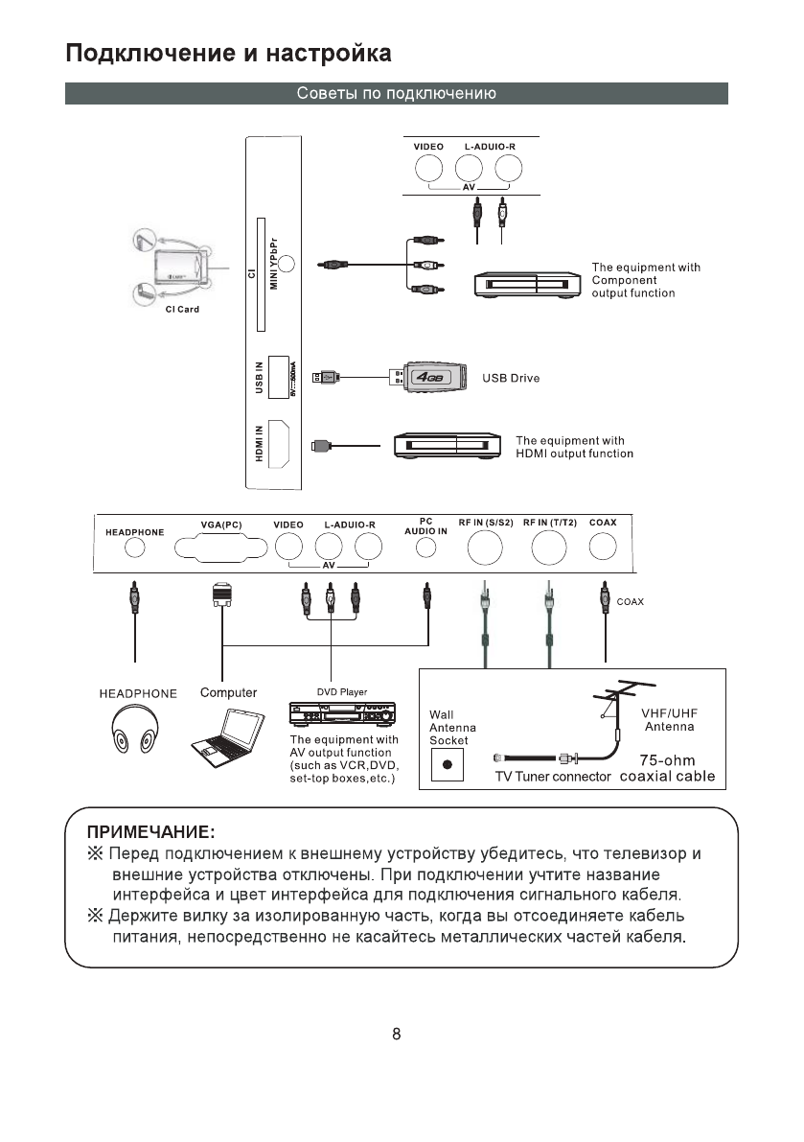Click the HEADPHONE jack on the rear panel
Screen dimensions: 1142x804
135,548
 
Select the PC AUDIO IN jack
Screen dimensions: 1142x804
426,548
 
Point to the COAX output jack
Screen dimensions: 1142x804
603,547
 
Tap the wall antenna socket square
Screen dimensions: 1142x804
447,765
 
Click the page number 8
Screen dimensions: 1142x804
397,1035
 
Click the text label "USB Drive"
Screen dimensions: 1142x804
511,378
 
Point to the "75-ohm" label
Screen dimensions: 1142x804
667,760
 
